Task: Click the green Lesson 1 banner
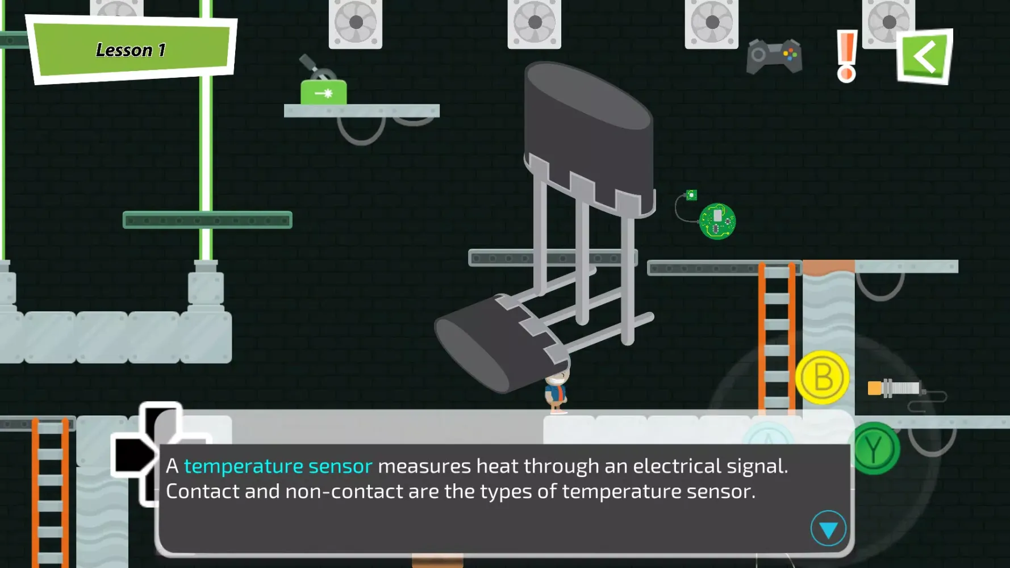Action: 131,50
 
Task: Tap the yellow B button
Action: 822,377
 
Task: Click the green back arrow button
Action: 925,56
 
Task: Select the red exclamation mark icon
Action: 846,56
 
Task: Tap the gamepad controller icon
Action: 774,56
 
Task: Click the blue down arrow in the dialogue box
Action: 828,529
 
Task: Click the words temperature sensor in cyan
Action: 278,466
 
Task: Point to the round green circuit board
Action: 717,221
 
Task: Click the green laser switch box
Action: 323,92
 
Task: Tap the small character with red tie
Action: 557,392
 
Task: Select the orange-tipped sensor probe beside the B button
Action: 895,389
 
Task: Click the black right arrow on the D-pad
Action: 133,455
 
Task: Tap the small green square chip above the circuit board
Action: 691,195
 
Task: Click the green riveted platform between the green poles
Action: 207,220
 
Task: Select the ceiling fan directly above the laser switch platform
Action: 356,23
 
